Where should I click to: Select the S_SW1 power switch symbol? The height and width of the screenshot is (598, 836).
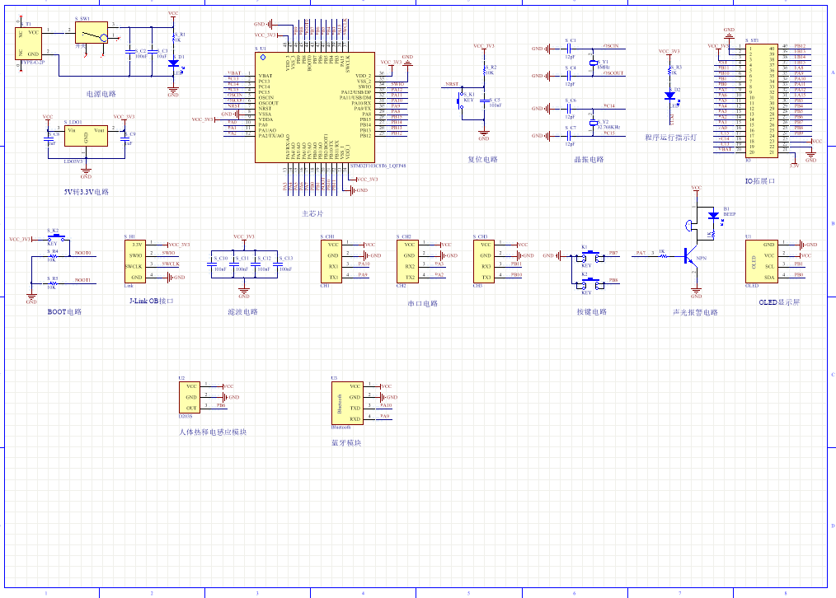92,34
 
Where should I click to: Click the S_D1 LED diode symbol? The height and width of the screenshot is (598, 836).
173,63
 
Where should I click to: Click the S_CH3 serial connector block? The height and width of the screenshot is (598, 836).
484,260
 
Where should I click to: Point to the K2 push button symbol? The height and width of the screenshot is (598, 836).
590,281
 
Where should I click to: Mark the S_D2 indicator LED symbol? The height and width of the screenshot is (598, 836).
669,95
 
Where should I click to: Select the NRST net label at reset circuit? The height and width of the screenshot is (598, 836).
452,85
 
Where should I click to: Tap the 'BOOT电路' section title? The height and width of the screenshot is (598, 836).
64,312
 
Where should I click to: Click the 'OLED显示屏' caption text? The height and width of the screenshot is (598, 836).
778,302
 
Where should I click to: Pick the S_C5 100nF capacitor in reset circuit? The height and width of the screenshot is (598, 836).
485,103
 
